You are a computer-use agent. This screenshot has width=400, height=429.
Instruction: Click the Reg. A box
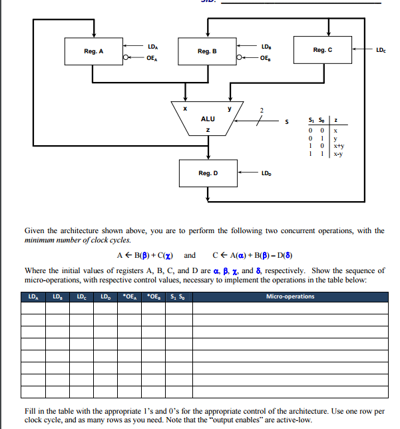pos(94,51)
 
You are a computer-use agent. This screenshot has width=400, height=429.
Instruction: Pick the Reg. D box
pos(208,173)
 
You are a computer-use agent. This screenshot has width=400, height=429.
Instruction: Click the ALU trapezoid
pos(208,119)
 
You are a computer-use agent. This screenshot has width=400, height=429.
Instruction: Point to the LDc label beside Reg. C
pos(380,50)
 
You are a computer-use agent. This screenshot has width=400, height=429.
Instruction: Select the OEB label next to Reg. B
pos(266,57)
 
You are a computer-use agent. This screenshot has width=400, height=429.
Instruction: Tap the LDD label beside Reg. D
pos(266,174)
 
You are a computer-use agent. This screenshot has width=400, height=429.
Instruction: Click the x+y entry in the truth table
pos(338,145)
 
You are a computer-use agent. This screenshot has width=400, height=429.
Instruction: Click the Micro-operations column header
pos(290,296)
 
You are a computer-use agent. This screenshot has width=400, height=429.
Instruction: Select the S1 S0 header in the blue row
pos(179,296)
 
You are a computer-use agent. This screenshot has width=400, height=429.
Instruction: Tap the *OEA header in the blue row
pos(130,296)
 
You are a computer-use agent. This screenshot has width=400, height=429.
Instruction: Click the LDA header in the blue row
pos(33,296)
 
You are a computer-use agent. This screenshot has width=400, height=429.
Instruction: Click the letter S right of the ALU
pos(287,121)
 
